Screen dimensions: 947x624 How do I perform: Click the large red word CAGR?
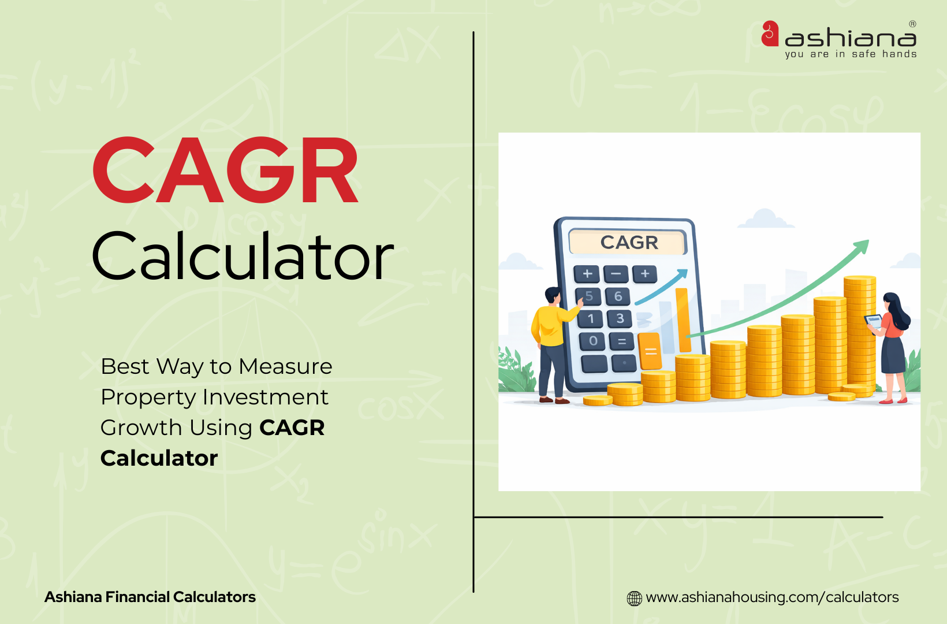225,170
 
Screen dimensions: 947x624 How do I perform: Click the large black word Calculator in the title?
243,256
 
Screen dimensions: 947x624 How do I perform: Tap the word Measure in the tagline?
285,366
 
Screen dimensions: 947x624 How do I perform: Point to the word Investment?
265,397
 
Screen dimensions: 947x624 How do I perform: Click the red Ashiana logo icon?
770,34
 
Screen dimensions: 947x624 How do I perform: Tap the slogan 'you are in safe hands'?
851,54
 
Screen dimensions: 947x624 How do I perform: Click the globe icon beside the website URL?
634,598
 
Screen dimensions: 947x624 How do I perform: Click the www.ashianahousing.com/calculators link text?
772,597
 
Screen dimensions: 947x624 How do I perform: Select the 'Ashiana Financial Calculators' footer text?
150,597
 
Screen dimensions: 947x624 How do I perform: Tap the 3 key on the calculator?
620,318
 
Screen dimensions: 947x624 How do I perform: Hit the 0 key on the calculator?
593,341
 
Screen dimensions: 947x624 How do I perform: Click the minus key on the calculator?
616,274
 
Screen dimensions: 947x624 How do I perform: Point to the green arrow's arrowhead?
862,247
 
